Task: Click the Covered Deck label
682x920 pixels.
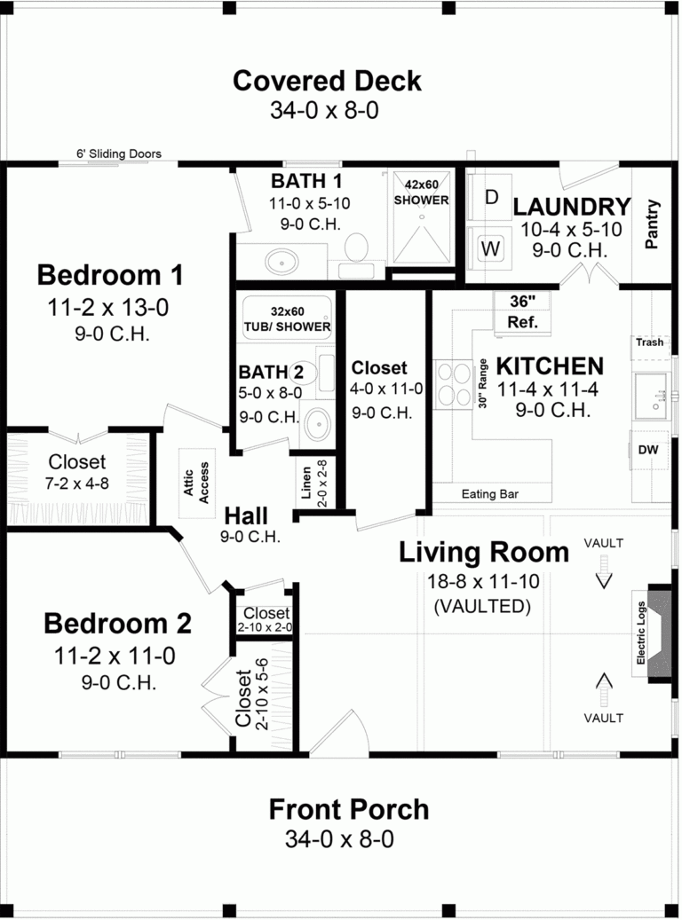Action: pos(327,82)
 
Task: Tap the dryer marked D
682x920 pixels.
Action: pos(491,197)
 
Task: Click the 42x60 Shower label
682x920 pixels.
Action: pos(421,193)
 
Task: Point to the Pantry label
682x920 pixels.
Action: pos(654,224)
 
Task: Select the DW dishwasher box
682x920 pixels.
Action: pos(648,450)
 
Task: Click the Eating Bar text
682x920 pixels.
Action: pos(490,494)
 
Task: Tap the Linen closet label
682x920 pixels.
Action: pos(307,484)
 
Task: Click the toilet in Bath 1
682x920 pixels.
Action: pos(357,247)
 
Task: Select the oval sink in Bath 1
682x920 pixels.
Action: pos(282,262)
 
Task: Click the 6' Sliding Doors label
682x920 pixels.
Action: pos(119,153)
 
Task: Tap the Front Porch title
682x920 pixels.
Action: pos(349,809)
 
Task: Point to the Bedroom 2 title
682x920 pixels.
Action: pos(117,624)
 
